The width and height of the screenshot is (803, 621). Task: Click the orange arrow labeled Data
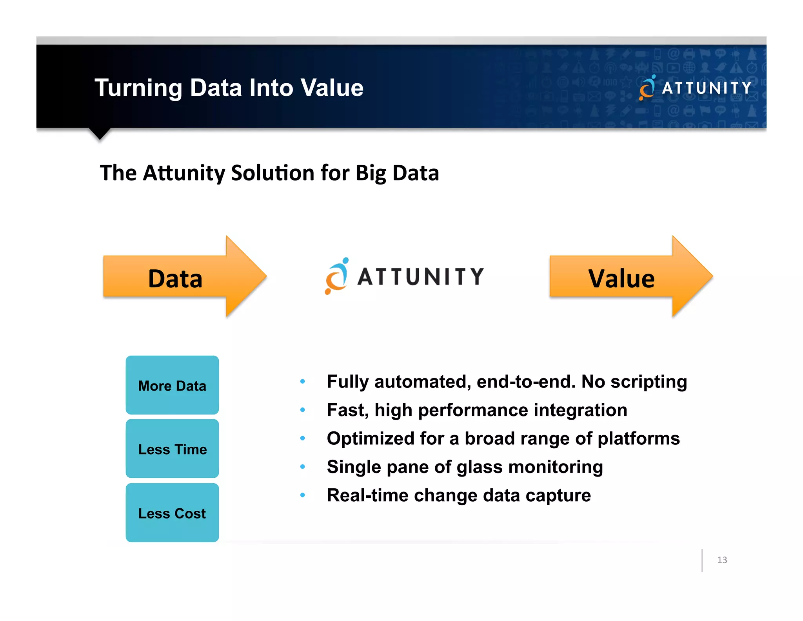click(176, 278)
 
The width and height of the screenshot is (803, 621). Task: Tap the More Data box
click(172, 385)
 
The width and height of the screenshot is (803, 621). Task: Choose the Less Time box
click(172, 449)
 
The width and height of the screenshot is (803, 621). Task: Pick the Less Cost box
click(172, 513)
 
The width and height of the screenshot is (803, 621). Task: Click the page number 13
click(722, 560)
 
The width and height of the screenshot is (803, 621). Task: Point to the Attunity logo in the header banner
click(695, 88)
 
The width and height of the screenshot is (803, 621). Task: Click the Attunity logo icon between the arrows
click(337, 276)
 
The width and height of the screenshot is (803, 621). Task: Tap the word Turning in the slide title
click(138, 88)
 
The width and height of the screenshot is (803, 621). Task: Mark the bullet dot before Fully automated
click(302, 381)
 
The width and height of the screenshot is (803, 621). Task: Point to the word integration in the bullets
click(580, 410)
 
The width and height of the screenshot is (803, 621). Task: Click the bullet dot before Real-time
click(302, 495)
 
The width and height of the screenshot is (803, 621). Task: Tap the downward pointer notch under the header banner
click(100, 133)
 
